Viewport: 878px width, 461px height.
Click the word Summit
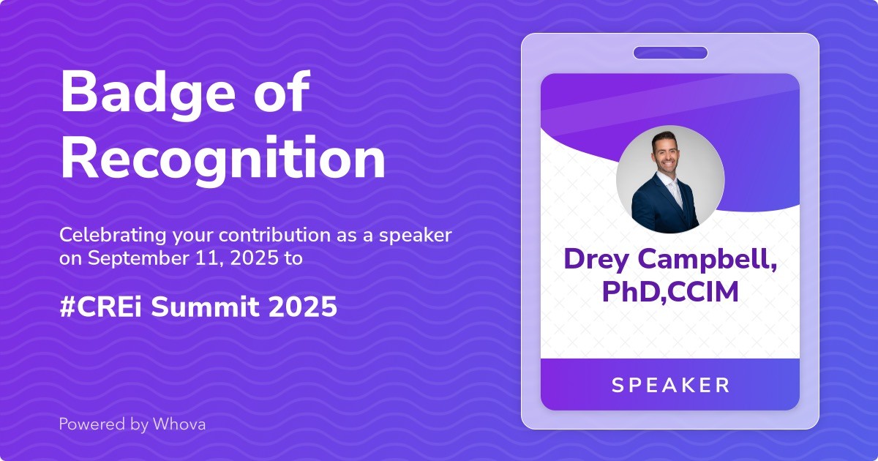(206, 307)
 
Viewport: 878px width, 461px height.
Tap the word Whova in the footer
(179, 424)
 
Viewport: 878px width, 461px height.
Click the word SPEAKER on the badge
(671, 385)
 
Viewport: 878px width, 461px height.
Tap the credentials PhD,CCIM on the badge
(670, 292)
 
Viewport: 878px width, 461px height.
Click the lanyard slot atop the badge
(671, 53)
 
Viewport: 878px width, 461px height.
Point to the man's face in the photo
(665, 154)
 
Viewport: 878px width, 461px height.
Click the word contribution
(274, 236)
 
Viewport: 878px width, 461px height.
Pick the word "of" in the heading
(282, 94)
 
